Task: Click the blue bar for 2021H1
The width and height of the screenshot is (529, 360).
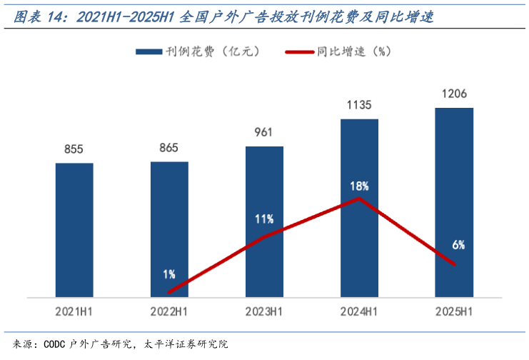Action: pyautogui.click(x=74, y=229)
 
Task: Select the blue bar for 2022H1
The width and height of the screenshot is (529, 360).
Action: pyautogui.click(x=169, y=229)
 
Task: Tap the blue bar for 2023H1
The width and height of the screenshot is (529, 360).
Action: pyautogui.click(x=264, y=221)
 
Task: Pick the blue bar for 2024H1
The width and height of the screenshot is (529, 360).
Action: pyautogui.click(x=359, y=207)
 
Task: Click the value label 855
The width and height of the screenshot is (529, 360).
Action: pyautogui.click(x=74, y=149)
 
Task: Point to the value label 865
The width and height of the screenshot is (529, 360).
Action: pyautogui.click(x=169, y=148)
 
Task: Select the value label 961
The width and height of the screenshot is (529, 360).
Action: pyautogui.click(x=264, y=132)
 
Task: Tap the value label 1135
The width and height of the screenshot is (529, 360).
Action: pyautogui.click(x=359, y=105)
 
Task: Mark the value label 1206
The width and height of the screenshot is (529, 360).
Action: pyautogui.click(x=454, y=94)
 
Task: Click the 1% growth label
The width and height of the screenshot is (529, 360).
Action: pyautogui.click(x=169, y=274)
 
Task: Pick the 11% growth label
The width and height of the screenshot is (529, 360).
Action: pyautogui.click(x=264, y=219)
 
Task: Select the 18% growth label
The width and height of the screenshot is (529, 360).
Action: pyautogui.click(x=359, y=186)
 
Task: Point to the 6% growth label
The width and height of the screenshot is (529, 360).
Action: pyautogui.click(x=458, y=245)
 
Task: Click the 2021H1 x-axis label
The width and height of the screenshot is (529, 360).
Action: pyautogui.click(x=74, y=311)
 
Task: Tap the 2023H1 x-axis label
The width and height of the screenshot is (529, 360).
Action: pyautogui.click(x=264, y=311)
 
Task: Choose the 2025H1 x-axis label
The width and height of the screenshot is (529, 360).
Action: pyautogui.click(x=454, y=311)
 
